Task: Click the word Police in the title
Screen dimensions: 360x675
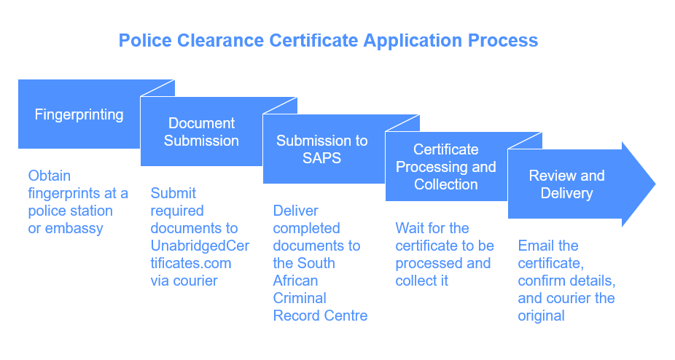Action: point(142,40)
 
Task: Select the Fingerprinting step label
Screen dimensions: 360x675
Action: point(79,114)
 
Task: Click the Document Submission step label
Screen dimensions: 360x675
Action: point(201,132)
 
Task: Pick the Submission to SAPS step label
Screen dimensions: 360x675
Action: point(321,149)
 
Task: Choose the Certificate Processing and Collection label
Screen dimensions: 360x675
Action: point(445,167)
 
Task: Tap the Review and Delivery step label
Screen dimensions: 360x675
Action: point(566,184)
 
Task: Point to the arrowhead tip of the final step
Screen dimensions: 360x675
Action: point(654,184)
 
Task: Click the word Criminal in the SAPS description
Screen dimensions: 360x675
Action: point(300,298)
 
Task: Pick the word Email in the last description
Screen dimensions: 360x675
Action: point(535,246)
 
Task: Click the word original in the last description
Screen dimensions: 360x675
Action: point(541,316)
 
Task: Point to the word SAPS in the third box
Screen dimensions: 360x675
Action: point(321,157)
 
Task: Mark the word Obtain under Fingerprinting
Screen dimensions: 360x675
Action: point(49,176)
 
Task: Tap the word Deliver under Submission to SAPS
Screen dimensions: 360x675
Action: point(295,211)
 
